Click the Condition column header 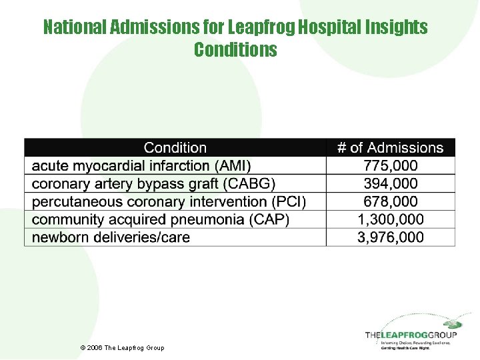[x=175, y=147]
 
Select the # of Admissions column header [x=390, y=147]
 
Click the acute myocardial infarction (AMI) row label [x=141, y=165]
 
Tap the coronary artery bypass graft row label [x=153, y=183]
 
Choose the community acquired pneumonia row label [x=161, y=219]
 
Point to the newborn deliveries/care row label [x=111, y=237]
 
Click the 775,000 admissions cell [x=391, y=165]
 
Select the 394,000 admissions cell [x=391, y=183]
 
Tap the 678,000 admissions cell [x=391, y=201]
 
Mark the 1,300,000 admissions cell [x=391, y=219]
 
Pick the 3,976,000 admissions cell [x=391, y=237]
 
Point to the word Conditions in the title [x=235, y=50]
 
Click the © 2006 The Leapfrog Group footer [x=121, y=348]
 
